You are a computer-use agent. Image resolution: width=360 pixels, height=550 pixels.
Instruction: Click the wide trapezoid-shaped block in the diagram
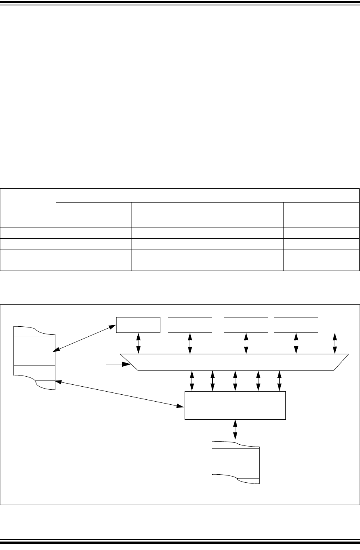tap(235, 362)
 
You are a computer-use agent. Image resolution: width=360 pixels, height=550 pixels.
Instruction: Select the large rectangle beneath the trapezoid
tap(235, 405)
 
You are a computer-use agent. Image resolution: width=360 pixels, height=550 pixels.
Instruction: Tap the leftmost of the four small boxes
tap(138, 325)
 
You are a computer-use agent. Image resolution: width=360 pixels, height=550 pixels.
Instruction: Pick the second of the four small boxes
tap(190, 325)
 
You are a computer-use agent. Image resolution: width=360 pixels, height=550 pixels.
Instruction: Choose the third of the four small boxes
tap(246, 325)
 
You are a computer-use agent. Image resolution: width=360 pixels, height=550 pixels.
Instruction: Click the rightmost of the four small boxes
tap(296, 325)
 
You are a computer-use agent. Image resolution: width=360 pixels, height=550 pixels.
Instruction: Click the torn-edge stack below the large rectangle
tap(236, 463)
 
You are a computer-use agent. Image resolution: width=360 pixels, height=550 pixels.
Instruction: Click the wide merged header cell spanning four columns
tap(208, 195)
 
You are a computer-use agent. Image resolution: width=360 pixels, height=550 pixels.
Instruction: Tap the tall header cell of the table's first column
tap(28, 201)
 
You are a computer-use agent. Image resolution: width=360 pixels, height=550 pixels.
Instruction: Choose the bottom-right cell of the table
tap(321, 266)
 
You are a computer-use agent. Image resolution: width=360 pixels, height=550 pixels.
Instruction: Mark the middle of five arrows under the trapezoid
tap(235, 381)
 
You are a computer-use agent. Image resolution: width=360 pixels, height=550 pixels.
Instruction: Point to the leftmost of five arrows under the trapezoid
tap(191, 381)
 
